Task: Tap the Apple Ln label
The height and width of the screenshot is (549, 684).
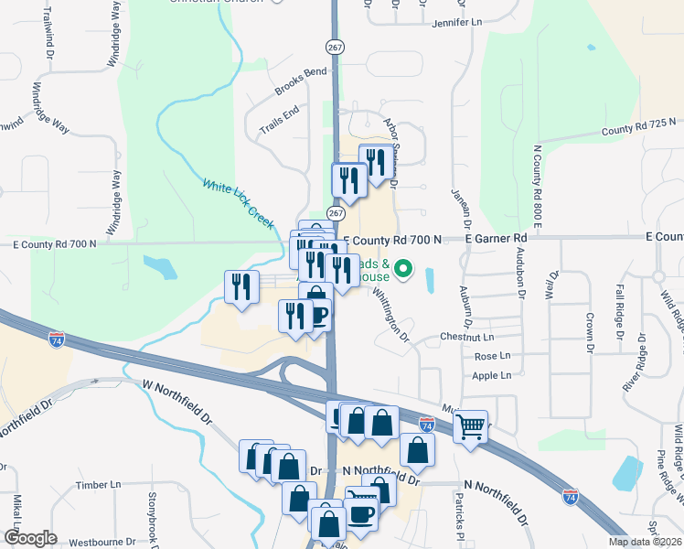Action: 492,375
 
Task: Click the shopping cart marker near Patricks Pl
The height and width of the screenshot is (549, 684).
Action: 470,425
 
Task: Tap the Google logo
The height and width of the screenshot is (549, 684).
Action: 30,538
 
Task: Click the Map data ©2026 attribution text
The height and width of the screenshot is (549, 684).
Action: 645,542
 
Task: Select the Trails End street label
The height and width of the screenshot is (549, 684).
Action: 279,118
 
